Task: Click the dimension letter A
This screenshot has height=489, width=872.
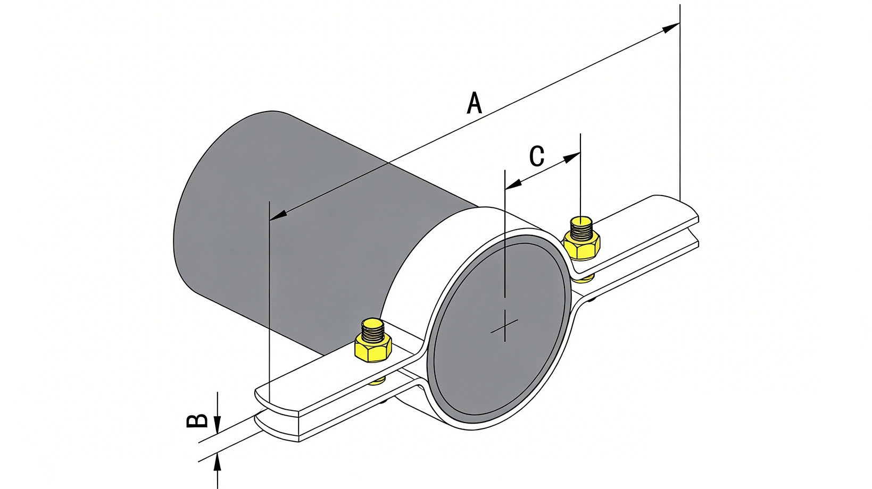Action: [x=474, y=103]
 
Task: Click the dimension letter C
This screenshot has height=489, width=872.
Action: [x=537, y=156]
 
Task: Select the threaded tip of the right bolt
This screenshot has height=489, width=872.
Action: [x=582, y=226]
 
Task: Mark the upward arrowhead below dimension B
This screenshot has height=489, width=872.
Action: [x=217, y=462]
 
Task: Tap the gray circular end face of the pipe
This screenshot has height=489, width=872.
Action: [x=500, y=330]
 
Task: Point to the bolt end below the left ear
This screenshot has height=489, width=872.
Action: [x=377, y=380]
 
